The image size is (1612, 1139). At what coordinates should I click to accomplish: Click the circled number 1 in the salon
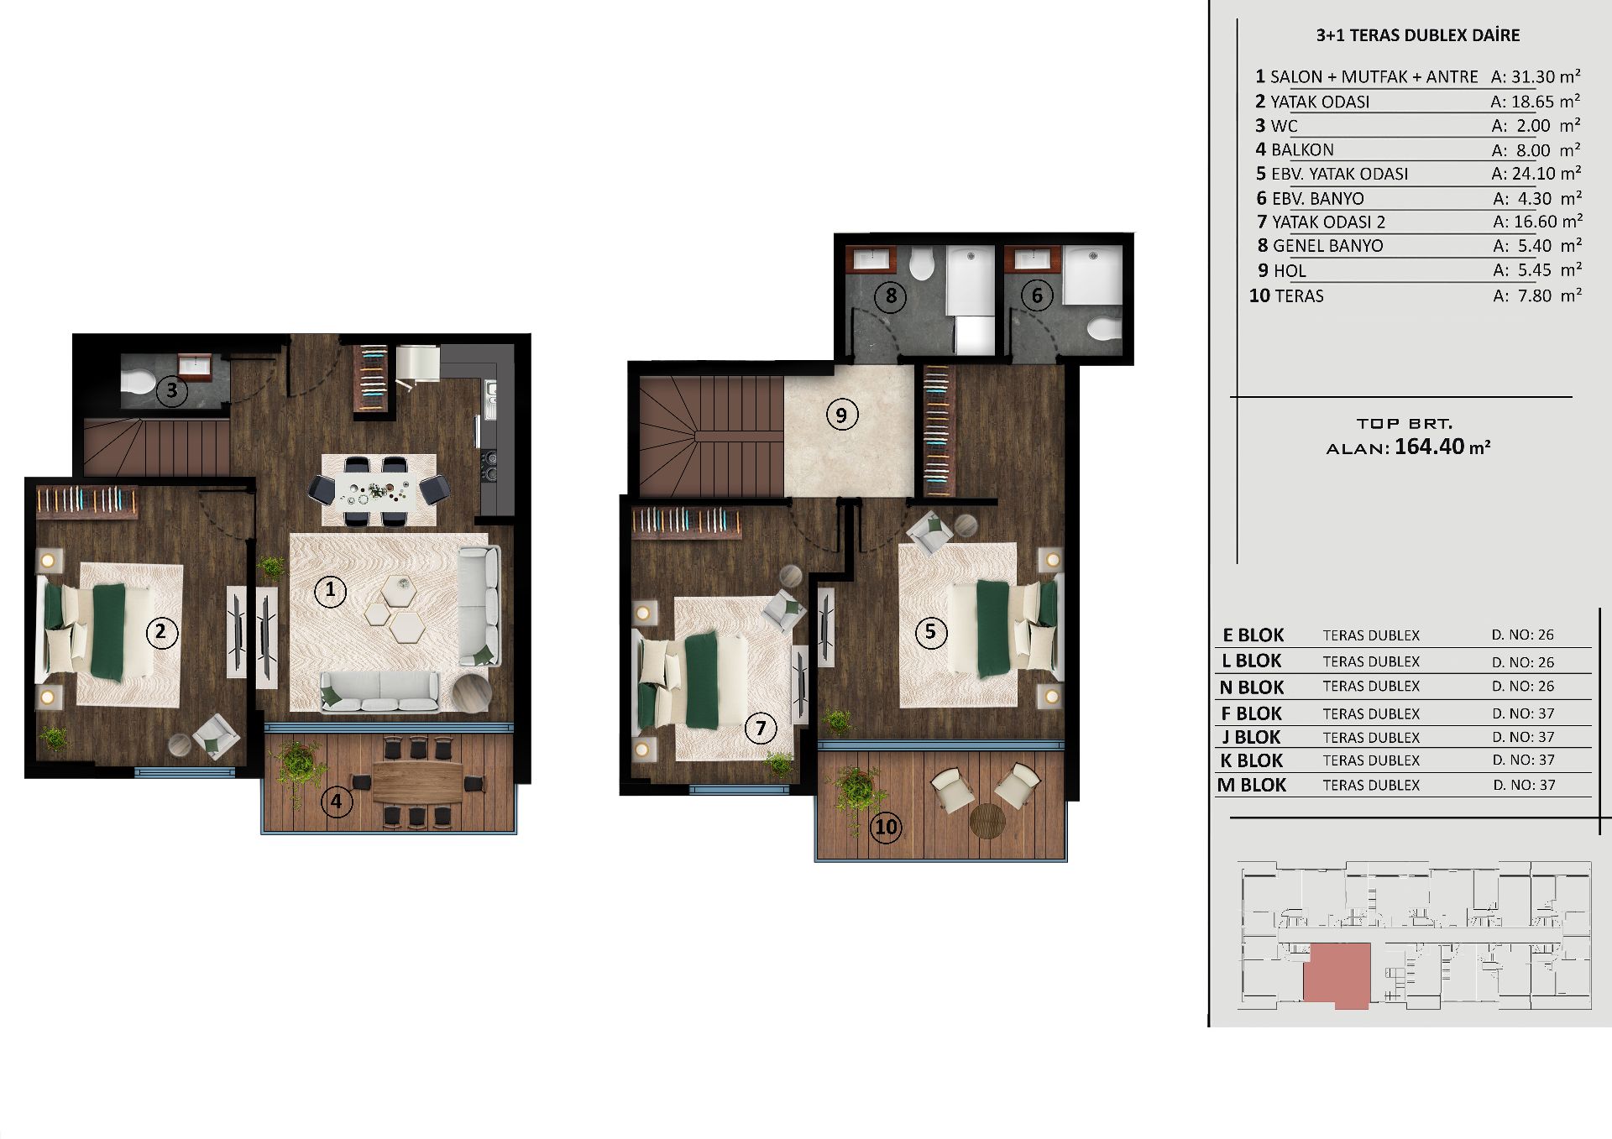tap(330, 590)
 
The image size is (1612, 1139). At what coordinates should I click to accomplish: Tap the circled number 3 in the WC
tap(172, 389)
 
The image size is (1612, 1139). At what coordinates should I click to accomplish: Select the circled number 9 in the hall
tap(841, 414)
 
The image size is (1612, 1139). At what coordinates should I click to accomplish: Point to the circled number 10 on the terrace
tap(887, 827)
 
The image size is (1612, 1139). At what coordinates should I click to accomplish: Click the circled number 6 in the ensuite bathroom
tap(1037, 295)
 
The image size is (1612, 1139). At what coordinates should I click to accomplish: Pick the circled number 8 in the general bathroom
tap(891, 295)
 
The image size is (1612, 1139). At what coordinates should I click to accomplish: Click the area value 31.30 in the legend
tap(1533, 77)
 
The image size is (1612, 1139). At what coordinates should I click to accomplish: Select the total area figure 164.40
tap(1430, 446)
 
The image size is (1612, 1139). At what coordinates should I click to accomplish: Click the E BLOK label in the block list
tap(1253, 635)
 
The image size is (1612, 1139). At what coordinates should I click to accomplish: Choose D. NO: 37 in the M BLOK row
tap(1524, 786)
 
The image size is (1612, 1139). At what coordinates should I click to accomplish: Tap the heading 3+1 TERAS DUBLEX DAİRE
tap(1418, 35)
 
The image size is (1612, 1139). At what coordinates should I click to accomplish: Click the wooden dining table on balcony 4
tap(416, 781)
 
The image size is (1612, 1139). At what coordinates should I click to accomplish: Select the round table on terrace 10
tap(987, 820)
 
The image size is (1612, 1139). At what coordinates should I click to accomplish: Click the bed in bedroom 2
tap(97, 630)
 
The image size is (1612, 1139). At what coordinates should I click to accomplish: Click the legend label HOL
tap(1290, 271)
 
